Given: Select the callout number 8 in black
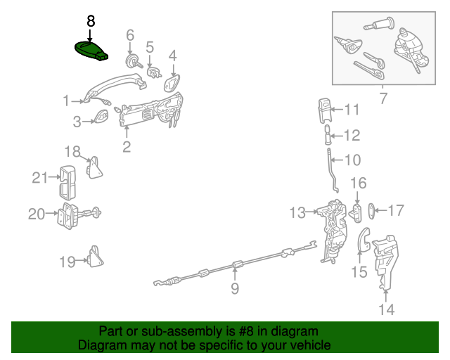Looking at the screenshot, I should pyautogui.click(x=90, y=21).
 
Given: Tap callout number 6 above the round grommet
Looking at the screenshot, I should pyautogui.click(x=130, y=35).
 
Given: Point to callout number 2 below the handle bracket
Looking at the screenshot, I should pyautogui.click(x=127, y=147).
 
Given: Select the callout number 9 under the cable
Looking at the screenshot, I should pyautogui.click(x=235, y=288).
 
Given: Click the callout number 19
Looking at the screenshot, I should pyautogui.click(x=67, y=262).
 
